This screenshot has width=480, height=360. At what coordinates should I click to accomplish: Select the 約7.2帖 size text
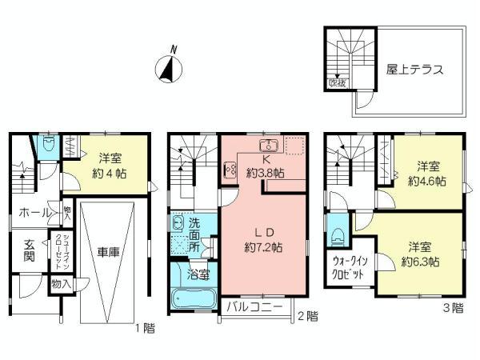click(263, 249)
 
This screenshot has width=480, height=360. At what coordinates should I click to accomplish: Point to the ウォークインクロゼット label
click(348, 267)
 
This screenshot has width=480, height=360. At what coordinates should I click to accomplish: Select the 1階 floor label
click(144, 327)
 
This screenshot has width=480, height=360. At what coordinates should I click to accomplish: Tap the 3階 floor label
click(453, 307)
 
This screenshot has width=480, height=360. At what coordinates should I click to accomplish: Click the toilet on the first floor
click(47, 144)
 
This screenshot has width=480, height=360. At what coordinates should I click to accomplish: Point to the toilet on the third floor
click(339, 232)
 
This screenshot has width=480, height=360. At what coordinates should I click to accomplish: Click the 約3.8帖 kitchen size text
click(264, 173)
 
